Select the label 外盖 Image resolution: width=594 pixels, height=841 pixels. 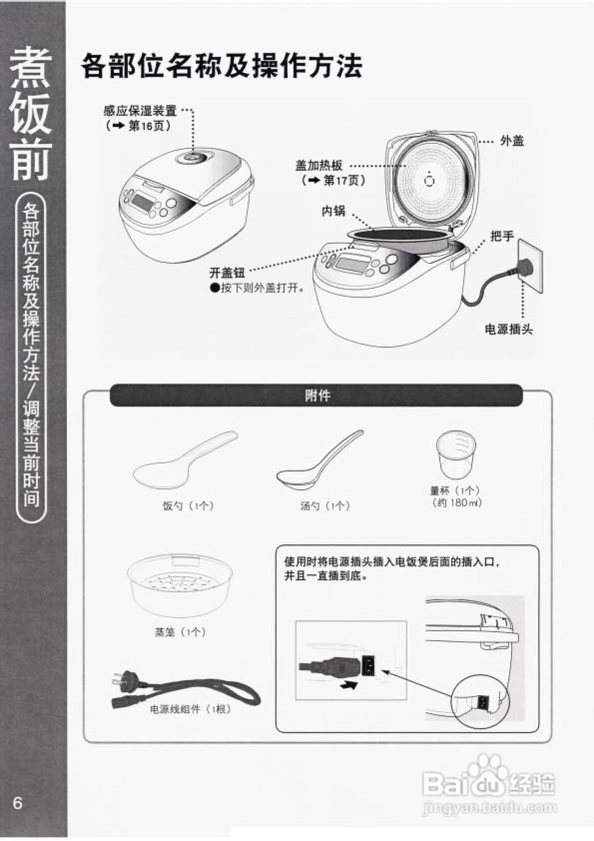[513, 141]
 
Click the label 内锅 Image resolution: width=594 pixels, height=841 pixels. [333, 210]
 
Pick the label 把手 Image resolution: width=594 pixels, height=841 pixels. [502, 236]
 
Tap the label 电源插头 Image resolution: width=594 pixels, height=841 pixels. [508, 329]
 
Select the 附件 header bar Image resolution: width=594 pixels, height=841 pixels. [317, 396]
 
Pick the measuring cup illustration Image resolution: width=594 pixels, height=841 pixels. [455, 455]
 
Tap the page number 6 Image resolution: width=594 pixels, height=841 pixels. [17, 804]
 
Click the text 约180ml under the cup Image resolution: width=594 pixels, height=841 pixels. [456, 503]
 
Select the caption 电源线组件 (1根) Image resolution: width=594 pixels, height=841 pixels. [191, 710]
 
